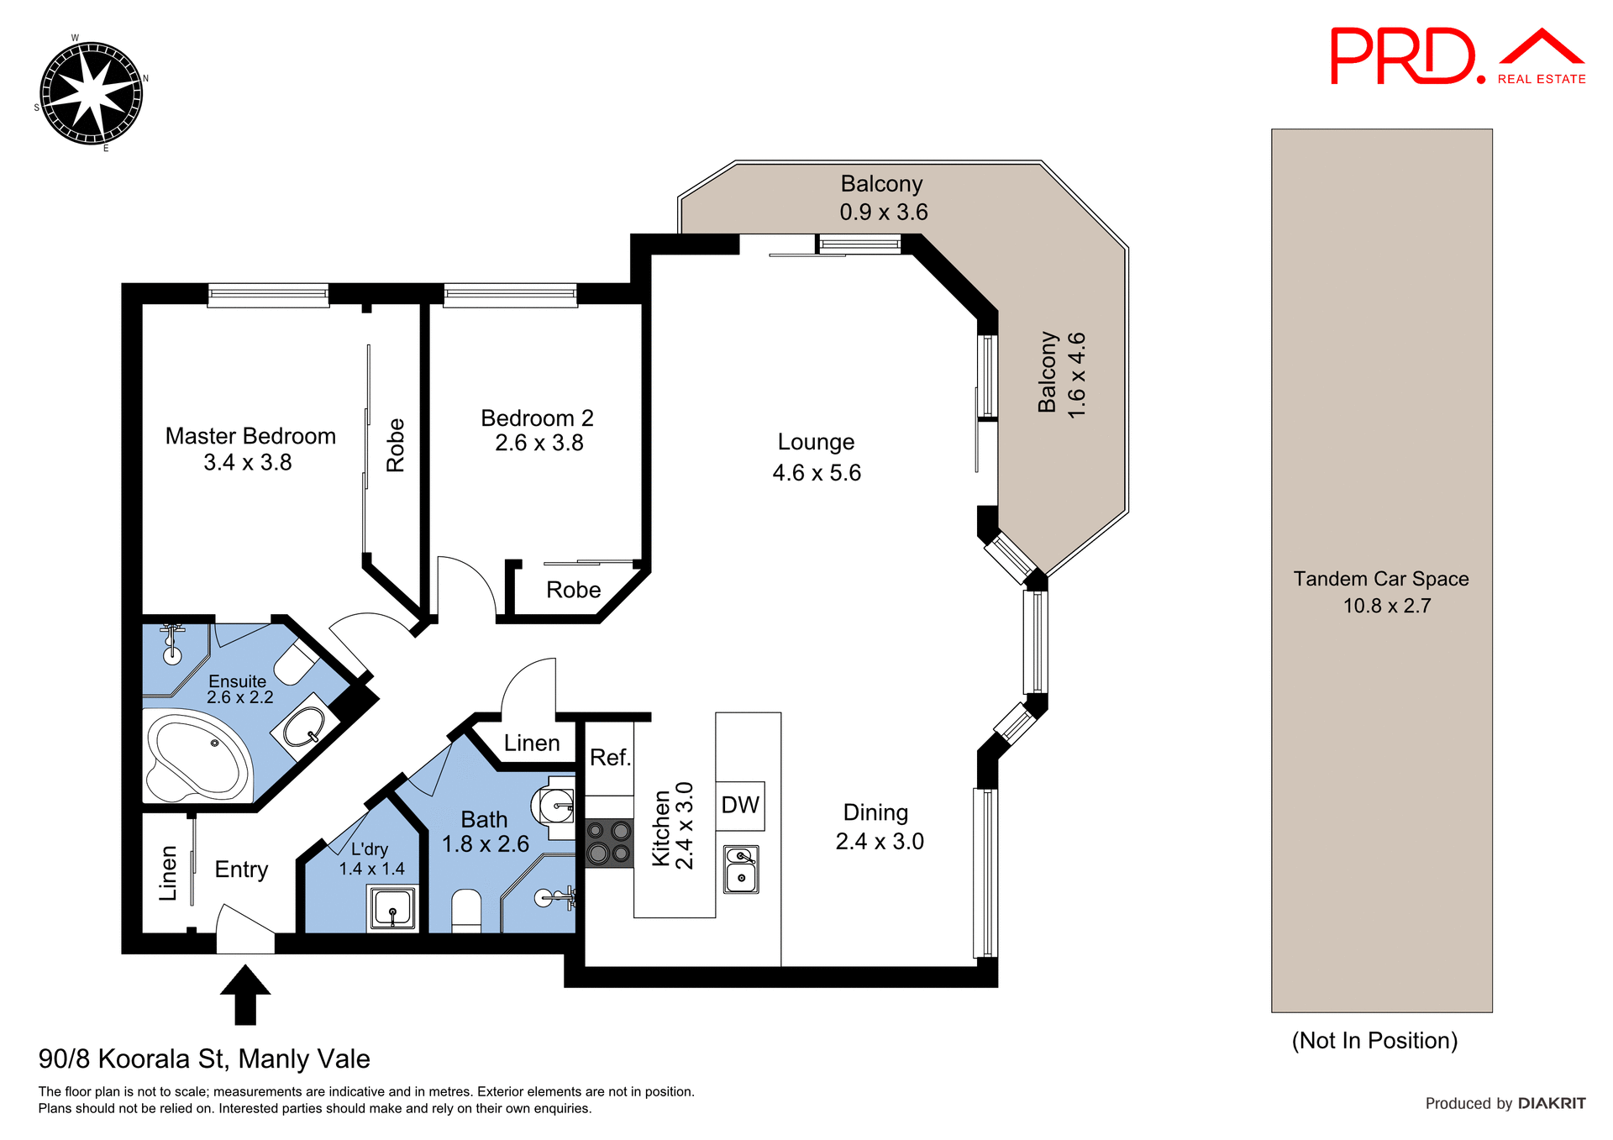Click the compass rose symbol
[91, 93]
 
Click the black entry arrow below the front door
[244, 995]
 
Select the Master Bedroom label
[250, 436]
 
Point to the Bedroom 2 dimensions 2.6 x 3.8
[539, 444]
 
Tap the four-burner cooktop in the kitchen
[609, 843]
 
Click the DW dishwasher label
[740, 805]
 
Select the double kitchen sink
[741, 869]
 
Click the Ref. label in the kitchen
[609, 758]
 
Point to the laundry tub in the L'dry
[392, 908]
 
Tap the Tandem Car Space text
[1380, 579]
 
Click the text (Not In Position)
[1374, 1040]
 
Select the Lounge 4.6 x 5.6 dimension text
[817, 473]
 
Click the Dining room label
[875, 812]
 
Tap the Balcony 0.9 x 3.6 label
[882, 197]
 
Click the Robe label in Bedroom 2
[573, 590]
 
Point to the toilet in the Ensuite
[294, 662]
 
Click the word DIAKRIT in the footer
[1551, 1103]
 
